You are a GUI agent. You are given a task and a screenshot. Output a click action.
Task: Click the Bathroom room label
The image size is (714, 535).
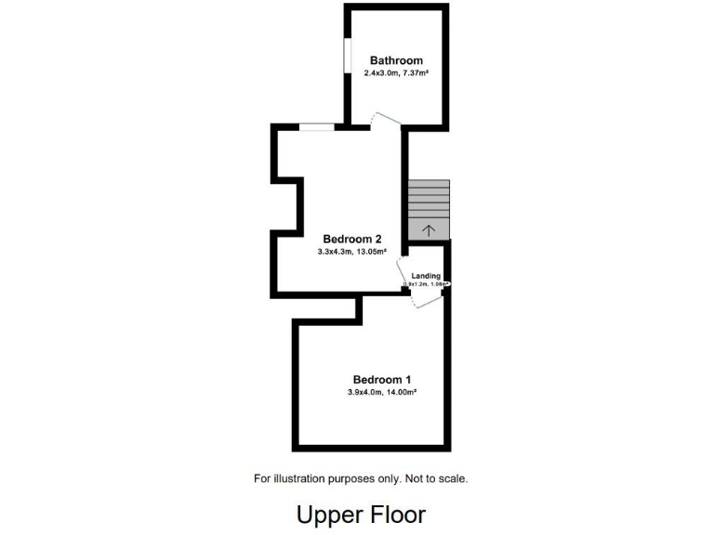[x=396, y=60]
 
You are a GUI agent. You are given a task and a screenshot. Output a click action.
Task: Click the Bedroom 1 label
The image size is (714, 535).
[x=381, y=379]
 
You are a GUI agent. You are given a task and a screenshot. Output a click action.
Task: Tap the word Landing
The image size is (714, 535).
[x=426, y=275]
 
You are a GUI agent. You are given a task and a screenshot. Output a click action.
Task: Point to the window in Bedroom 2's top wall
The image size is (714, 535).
[x=317, y=127]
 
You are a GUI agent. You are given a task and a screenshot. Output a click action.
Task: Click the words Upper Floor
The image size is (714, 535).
[x=361, y=514]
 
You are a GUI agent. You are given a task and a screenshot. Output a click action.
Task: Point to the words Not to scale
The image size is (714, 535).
[x=436, y=479]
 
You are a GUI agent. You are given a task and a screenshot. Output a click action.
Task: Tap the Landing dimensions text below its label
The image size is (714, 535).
[x=426, y=284]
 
